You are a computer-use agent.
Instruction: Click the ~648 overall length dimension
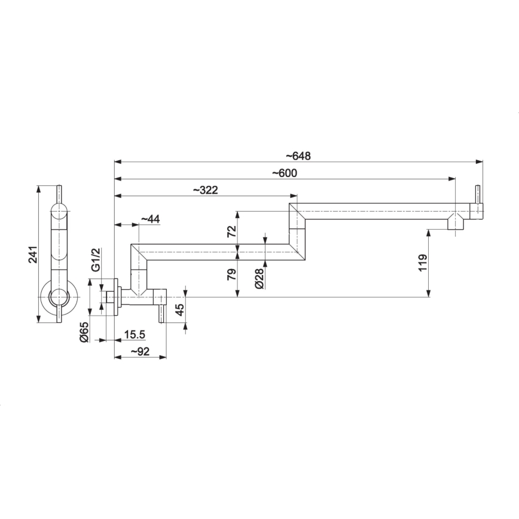[298, 156]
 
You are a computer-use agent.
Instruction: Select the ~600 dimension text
[284, 173]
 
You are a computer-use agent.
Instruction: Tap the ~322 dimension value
[205, 190]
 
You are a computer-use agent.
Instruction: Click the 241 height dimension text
[33, 254]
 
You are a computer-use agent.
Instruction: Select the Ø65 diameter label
[84, 331]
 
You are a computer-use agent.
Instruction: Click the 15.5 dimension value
[135, 335]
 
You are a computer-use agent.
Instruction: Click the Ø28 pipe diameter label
[258, 278]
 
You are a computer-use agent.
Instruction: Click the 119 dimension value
[423, 263]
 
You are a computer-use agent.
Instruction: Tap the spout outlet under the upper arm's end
[455, 224]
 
